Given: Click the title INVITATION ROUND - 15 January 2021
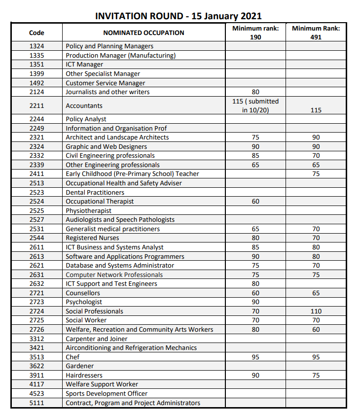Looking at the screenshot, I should (178, 16).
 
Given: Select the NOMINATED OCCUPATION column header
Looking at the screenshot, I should (144, 33).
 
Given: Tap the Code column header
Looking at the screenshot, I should (36, 33).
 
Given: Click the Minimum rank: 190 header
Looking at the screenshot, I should (255, 33).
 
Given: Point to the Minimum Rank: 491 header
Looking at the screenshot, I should (316, 33).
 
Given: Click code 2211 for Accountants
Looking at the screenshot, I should (36, 106).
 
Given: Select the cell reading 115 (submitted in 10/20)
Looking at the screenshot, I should (255, 105).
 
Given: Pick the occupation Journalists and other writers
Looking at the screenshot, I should (108, 92).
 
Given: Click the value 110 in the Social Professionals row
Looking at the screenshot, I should (316, 311).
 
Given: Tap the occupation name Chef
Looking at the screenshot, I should (72, 357).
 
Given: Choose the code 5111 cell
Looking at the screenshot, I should (36, 403).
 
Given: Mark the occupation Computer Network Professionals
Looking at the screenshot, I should (114, 275).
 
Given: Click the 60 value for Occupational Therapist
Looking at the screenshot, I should (255, 202).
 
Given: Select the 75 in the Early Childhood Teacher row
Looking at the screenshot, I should (316, 174).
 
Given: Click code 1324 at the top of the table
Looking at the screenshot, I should (36, 46).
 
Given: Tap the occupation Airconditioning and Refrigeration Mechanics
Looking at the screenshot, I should (131, 348).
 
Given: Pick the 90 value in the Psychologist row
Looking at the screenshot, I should (255, 302).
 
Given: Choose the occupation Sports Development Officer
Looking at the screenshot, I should (107, 394).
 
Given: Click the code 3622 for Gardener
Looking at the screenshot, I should (36, 366).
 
